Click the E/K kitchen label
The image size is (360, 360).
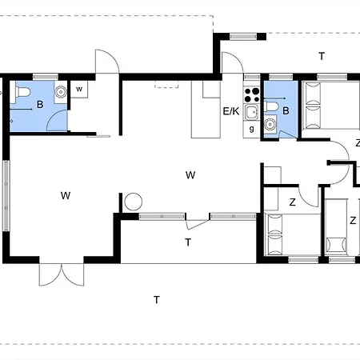tap(231, 111)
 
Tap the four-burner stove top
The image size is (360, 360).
tap(252, 95)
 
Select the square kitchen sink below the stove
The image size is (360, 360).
tap(252, 112)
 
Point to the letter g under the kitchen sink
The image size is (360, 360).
tap(251, 130)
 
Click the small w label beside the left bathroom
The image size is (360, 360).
tap(79, 89)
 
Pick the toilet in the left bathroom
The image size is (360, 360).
tap(22, 93)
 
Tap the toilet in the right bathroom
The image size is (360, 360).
tap(271, 106)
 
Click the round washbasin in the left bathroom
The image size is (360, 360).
tap(61, 92)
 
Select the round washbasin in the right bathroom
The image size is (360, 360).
tap(270, 124)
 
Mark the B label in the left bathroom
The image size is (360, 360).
tap(40, 104)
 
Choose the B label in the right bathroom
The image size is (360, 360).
tap(286, 110)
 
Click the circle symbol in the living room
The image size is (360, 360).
tap(134, 202)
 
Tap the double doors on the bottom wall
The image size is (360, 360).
tap(62, 274)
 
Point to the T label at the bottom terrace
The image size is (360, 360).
tap(157, 300)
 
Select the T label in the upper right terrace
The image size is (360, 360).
tap(322, 56)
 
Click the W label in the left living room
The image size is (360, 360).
tap(66, 195)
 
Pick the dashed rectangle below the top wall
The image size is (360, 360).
tap(166, 84)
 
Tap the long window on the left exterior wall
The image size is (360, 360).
tap(6, 195)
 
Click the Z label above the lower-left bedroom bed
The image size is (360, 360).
tap(293, 202)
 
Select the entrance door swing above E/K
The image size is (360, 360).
tap(233, 62)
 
